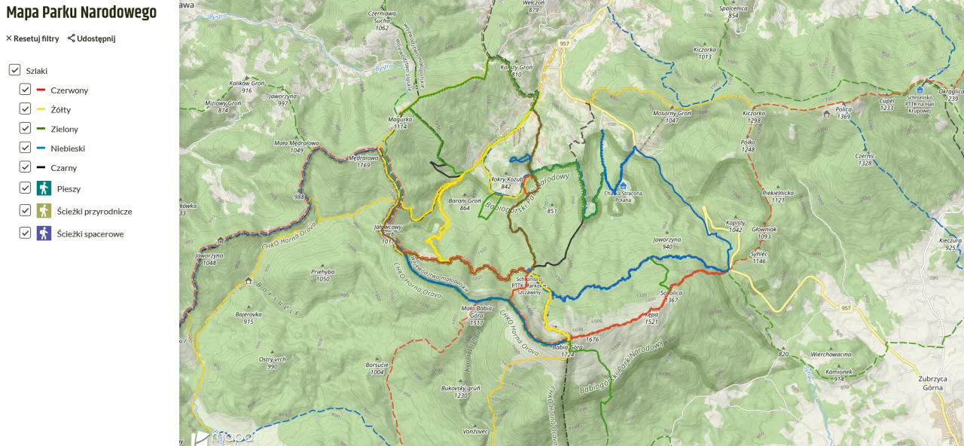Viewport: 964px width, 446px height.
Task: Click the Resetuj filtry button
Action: click(x=32, y=38)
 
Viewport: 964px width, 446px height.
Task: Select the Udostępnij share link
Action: click(x=91, y=38)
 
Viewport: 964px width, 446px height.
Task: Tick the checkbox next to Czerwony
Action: click(x=25, y=90)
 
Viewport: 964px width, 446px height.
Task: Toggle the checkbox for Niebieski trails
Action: click(x=25, y=148)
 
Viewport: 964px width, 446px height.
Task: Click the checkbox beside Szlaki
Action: click(x=14, y=70)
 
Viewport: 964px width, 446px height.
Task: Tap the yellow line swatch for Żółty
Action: click(x=41, y=109)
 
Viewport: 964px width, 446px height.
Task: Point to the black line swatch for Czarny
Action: click(x=41, y=168)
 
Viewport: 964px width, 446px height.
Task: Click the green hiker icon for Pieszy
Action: click(x=44, y=188)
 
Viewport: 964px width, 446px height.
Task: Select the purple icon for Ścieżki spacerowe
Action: click(x=44, y=234)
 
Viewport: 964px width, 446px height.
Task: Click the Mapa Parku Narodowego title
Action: click(x=81, y=13)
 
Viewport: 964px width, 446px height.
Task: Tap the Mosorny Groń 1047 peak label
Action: click(x=672, y=116)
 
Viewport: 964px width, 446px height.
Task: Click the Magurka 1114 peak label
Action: click(x=400, y=123)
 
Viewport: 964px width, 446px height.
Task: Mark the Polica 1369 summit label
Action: click(x=843, y=113)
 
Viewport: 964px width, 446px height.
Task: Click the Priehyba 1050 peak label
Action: click(x=322, y=275)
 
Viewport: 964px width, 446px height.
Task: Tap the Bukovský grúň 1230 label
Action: click(x=460, y=392)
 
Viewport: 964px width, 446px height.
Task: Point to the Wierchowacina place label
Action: click(x=831, y=354)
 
